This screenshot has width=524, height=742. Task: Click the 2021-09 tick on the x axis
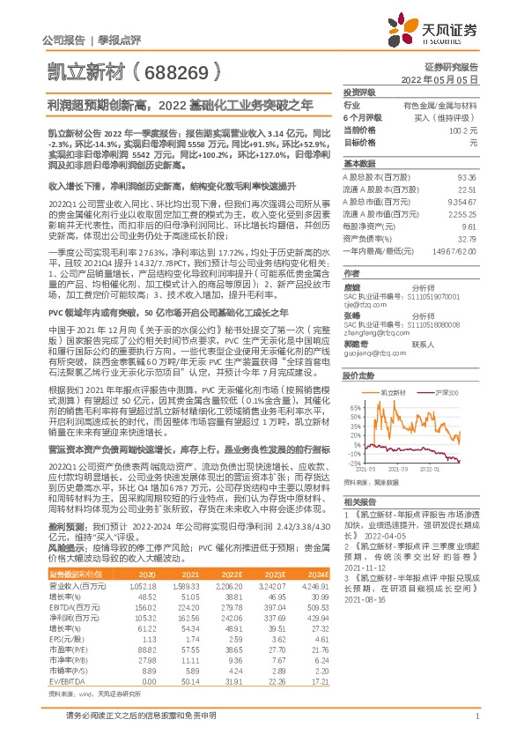[x=402, y=470]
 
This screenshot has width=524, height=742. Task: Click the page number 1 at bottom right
[x=476, y=716]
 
